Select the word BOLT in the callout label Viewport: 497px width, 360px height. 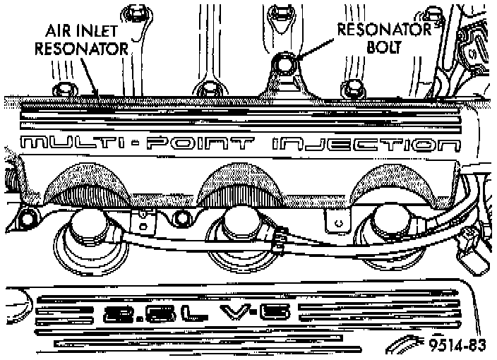[x=385, y=48]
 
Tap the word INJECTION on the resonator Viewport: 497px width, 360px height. [x=364, y=146]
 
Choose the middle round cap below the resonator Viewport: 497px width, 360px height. [x=237, y=226]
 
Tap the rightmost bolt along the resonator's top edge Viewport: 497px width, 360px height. [x=353, y=89]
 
